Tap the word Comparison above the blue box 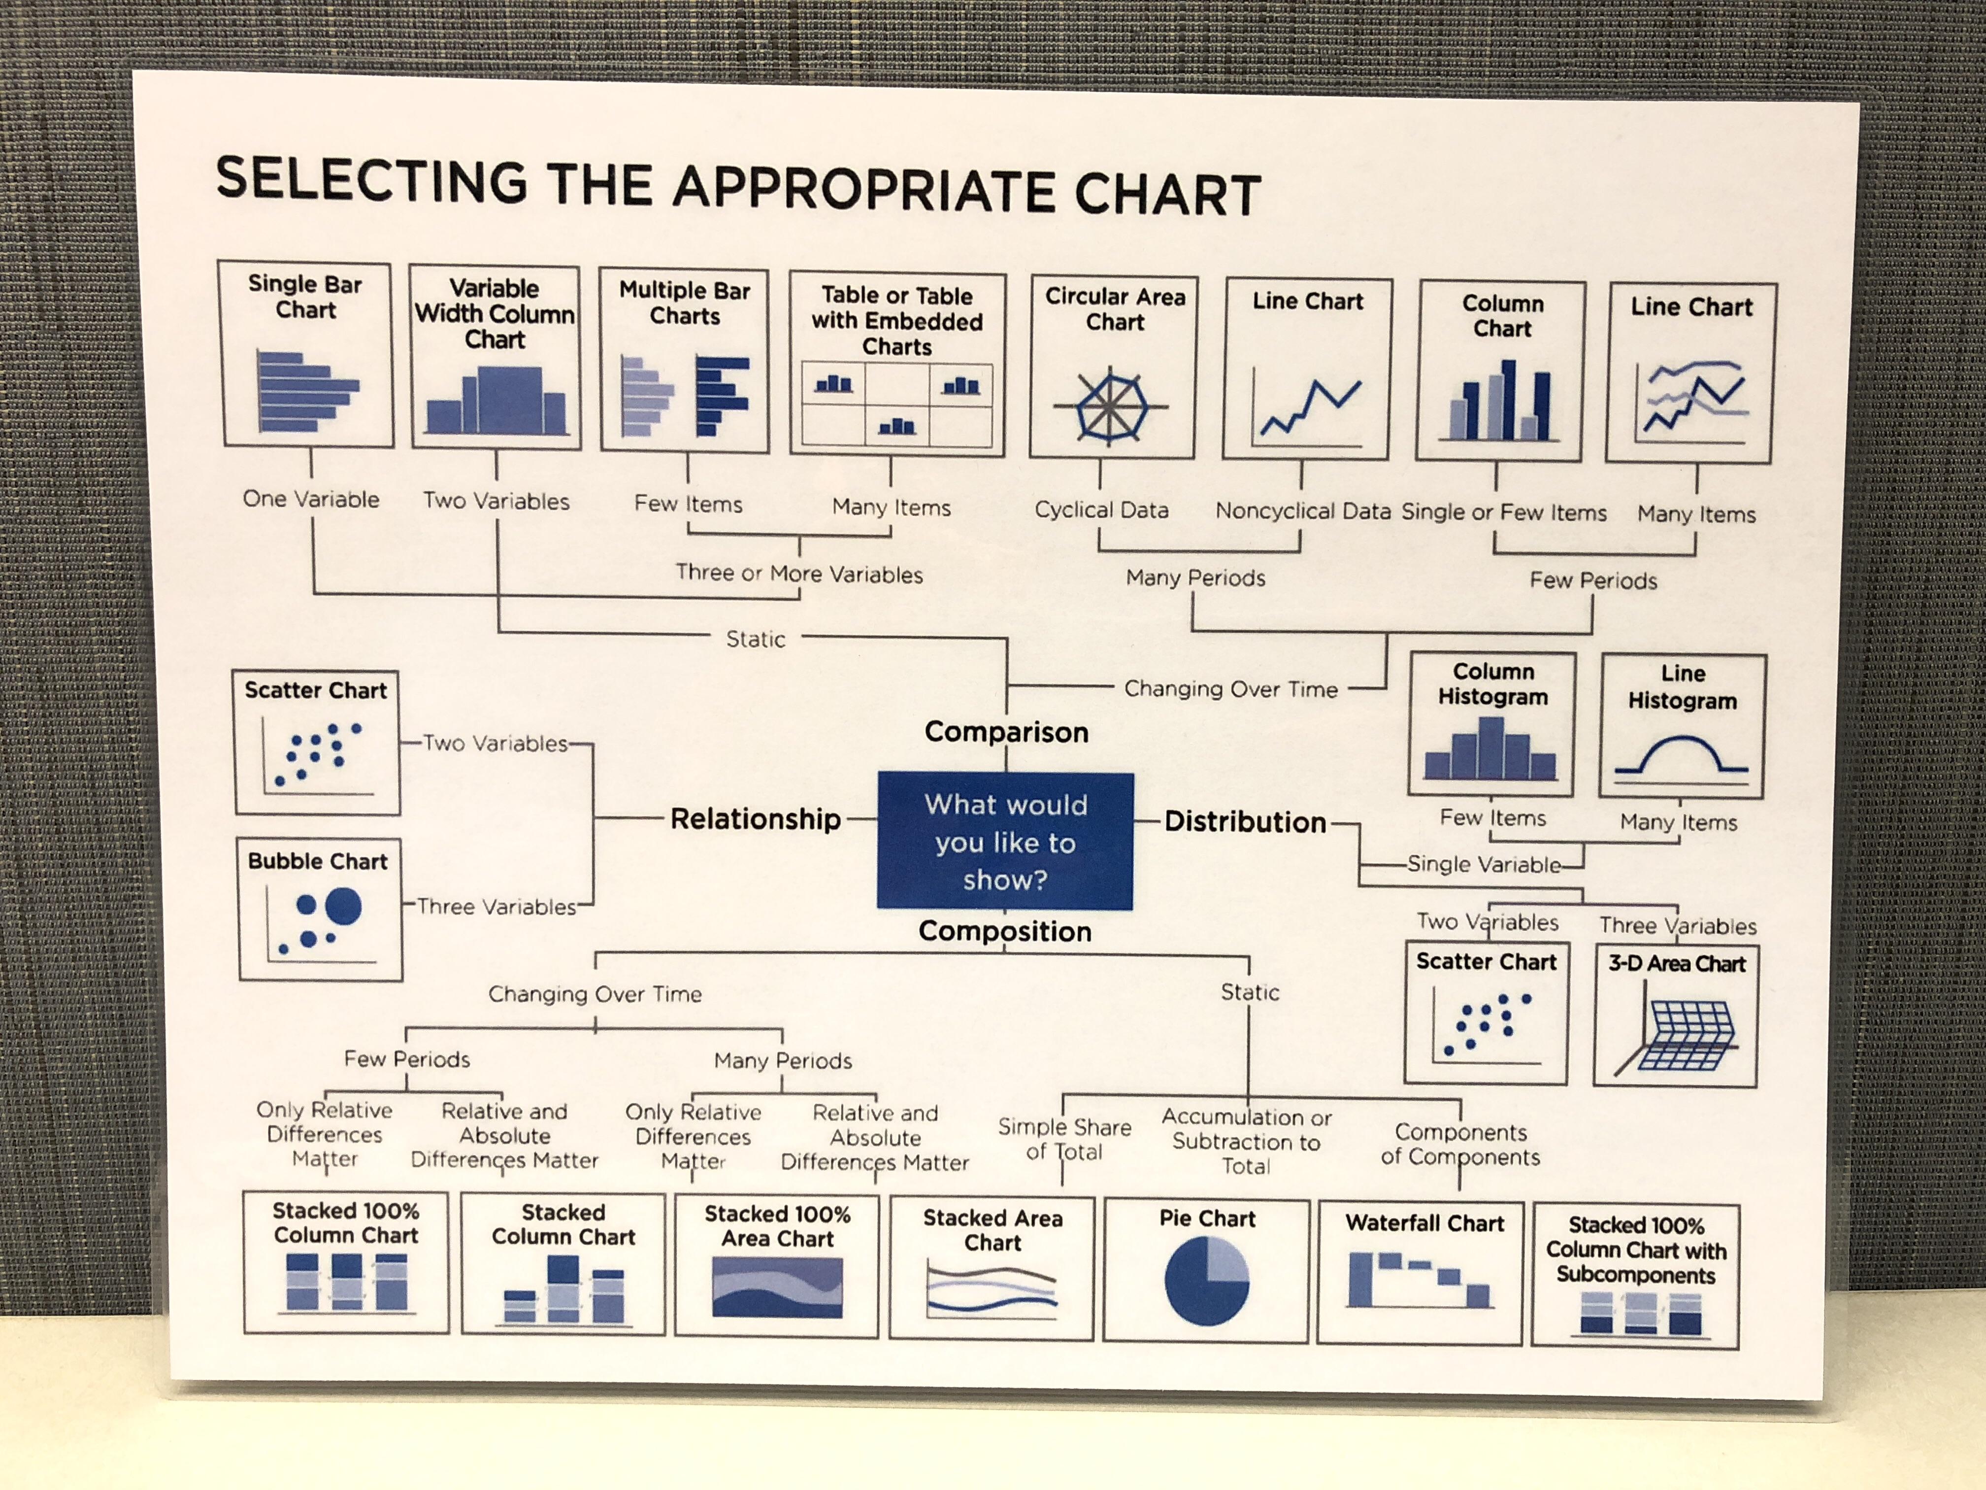tap(1006, 732)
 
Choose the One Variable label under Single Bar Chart tap(311, 499)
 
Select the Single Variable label tap(1483, 864)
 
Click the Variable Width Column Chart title tap(494, 313)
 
